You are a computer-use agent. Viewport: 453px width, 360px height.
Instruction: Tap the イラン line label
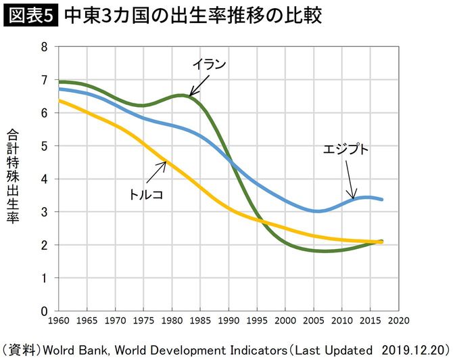[x=208, y=66]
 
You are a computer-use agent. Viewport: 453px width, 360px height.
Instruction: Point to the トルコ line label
[x=147, y=194]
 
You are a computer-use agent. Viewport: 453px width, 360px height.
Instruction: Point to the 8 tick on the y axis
[x=45, y=47]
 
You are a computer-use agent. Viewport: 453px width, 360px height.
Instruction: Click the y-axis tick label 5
[x=45, y=146]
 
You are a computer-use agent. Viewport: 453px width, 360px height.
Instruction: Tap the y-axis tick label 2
[x=45, y=245]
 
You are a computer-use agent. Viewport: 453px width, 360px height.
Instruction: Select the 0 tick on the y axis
[x=45, y=311]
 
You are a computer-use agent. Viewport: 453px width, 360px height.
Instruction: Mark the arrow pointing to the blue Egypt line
[x=350, y=179]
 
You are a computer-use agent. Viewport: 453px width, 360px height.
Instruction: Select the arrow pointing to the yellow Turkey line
[x=160, y=173]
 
